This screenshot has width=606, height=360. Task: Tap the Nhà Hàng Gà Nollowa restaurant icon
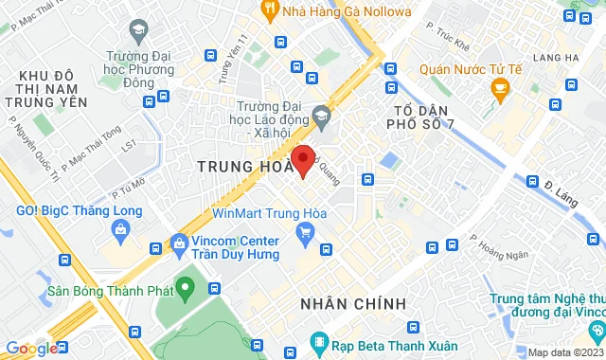click(x=269, y=12)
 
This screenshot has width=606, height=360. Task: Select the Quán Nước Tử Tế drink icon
click(x=500, y=90)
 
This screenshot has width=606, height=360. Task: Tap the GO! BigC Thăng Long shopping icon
click(x=120, y=228)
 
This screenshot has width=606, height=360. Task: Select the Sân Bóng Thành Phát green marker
click(x=187, y=287)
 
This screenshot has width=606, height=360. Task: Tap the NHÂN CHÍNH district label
click(x=353, y=303)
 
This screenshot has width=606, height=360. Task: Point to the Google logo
click(x=30, y=349)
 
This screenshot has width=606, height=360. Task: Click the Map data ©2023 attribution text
click(x=565, y=352)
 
